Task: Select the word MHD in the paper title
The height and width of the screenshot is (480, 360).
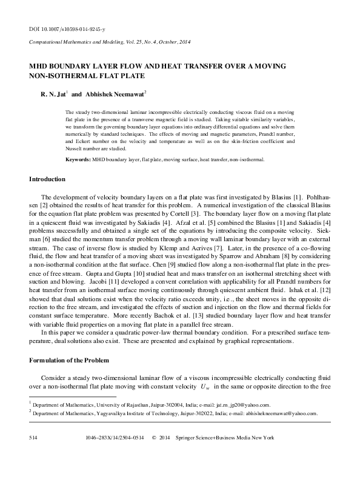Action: [x=39, y=66]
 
